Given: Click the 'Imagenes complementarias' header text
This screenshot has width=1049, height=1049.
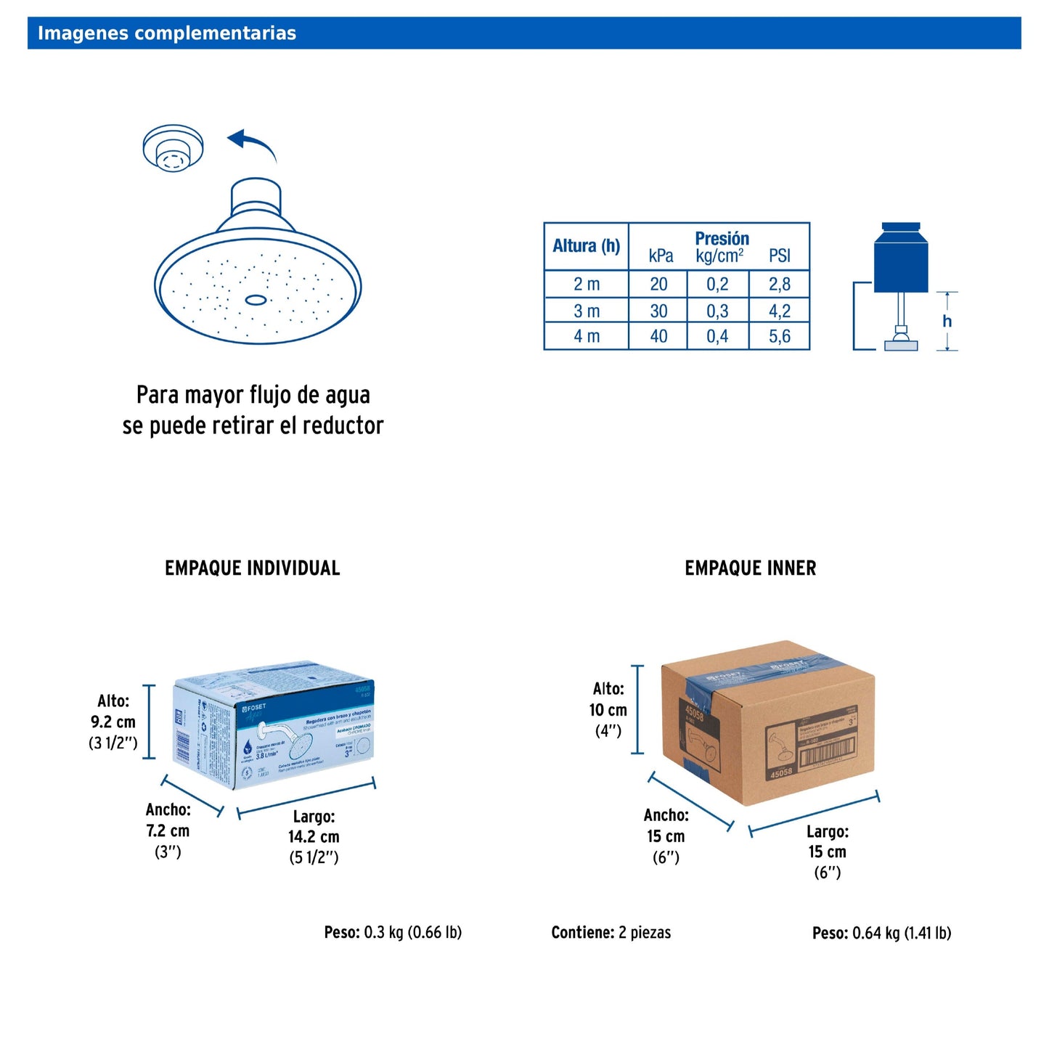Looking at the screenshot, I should [x=167, y=33].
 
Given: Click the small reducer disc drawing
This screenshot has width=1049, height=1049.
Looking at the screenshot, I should [x=173, y=149].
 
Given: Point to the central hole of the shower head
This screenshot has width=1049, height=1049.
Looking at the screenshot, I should [x=256, y=300].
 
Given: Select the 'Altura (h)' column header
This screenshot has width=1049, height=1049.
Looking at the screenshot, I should [x=586, y=246].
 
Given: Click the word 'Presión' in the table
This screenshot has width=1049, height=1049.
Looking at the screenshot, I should [x=722, y=238].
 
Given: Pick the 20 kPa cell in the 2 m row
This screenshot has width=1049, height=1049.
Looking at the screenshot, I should [x=658, y=284].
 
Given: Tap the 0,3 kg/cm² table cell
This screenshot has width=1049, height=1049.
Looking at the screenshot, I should [x=717, y=311].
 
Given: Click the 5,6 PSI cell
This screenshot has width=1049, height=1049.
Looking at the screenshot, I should [x=779, y=336].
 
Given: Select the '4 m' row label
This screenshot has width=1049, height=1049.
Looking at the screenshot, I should [x=587, y=336].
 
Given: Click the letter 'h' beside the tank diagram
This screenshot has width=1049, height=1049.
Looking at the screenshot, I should [x=947, y=321].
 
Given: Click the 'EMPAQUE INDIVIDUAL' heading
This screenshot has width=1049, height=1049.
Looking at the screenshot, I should [x=252, y=568].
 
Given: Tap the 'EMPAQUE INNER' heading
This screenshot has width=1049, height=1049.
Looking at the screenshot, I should [x=750, y=568].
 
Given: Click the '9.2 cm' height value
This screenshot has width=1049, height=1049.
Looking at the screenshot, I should [x=113, y=722].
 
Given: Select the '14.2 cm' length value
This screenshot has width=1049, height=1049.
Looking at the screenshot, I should [x=314, y=836].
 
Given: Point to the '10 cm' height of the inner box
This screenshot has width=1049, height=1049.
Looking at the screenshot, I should [x=608, y=710].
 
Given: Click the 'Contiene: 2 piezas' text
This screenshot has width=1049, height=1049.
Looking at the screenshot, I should [x=611, y=932].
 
